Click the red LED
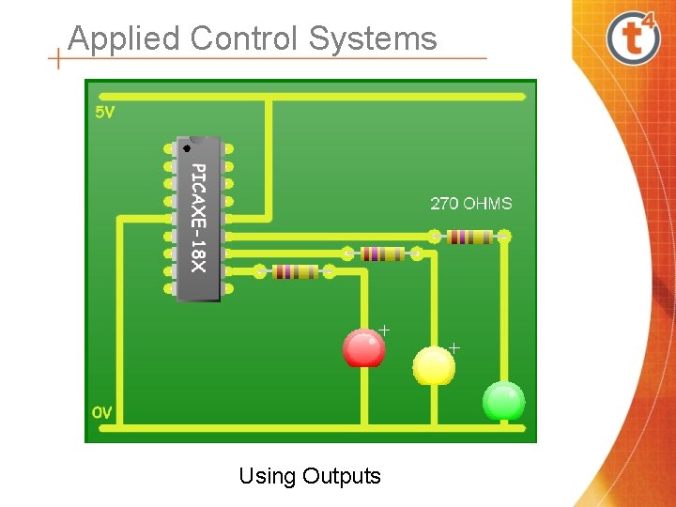[x=363, y=347]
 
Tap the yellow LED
[x=434, y=365]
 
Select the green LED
[x=503, y=401]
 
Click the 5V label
[x=105, y=114]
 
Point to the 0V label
[x=102, y=412]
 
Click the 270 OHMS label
[x=471, y=203]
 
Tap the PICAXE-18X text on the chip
[x=197, y=217]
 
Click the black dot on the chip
[x=187, y=147]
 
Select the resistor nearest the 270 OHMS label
[x=469, y=237]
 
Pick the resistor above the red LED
[x=382, y=253]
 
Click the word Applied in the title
[x=124, y=38]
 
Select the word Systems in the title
[x=373, y=38]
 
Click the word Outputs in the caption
[x=342, y=476]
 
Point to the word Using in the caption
[x=267, y=476]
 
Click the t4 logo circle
[x=633, y=38]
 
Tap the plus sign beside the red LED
[x=384, y=330]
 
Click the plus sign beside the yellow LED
[x=454, y=347]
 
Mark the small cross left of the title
[x=58, y=59]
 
